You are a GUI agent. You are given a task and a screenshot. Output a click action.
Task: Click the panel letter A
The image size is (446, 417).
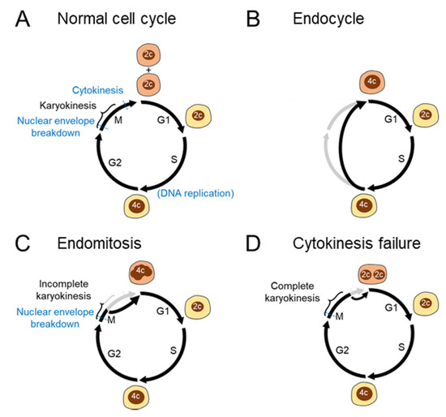(17, 15)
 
